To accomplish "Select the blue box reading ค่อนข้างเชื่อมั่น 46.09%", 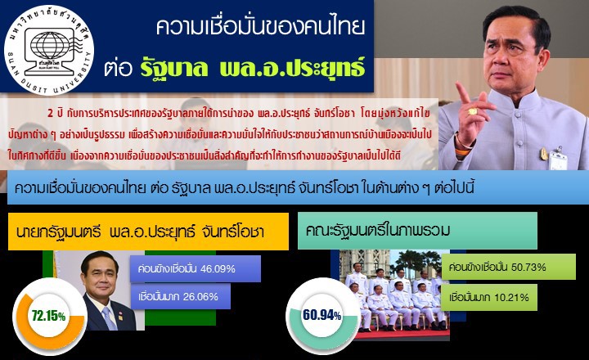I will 195,268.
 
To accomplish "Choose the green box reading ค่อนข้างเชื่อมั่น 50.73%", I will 497,268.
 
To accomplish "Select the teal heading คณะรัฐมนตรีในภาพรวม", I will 416,231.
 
